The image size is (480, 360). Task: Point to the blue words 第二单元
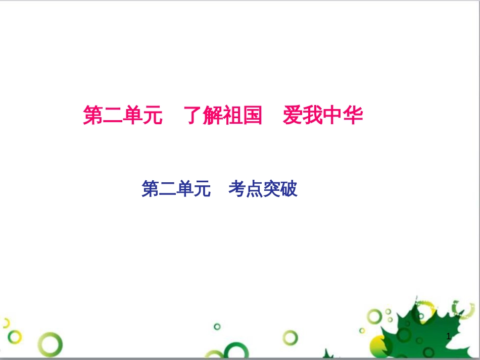tap(176, 189)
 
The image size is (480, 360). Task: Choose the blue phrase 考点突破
tap(263, 189)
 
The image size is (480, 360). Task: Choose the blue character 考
tap(236, 189)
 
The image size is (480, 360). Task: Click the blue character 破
tap(289, 189)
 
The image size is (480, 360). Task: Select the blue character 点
tap(254, 189)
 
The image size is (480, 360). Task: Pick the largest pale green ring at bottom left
tap(51, 345)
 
